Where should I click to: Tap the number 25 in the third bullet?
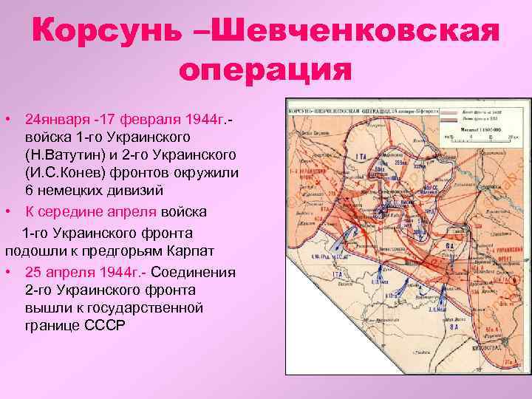click(x=33, y=272)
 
